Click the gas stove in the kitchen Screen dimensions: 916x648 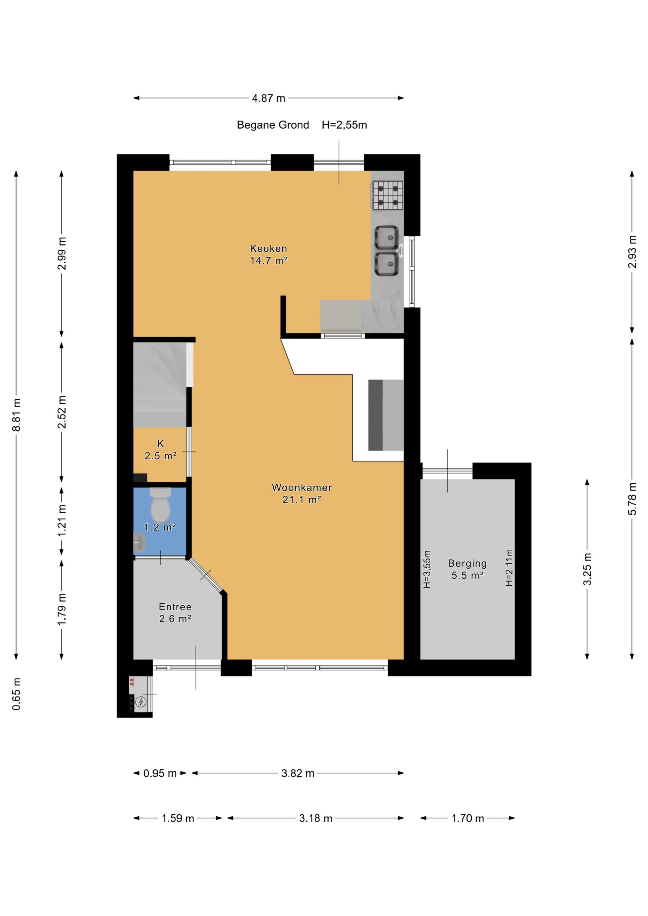[388, 195]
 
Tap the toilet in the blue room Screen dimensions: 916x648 [160, 506]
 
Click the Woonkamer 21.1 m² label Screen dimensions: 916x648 [302, 493]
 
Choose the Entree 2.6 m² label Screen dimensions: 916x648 [175, 612]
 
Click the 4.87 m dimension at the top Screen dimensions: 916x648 [268, 98]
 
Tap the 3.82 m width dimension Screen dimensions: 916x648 [297, 773]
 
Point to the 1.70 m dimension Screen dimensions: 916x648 [467, 818]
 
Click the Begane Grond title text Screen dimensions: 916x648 [273, 125]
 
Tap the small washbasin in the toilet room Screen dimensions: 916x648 [139, 543]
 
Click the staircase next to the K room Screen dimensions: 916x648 [160, 383]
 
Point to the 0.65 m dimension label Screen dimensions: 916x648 [17, 694]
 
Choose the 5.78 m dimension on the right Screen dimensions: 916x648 [632, 499]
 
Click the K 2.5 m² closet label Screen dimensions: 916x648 [160, 450]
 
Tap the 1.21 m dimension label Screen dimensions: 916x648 [61, 521]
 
